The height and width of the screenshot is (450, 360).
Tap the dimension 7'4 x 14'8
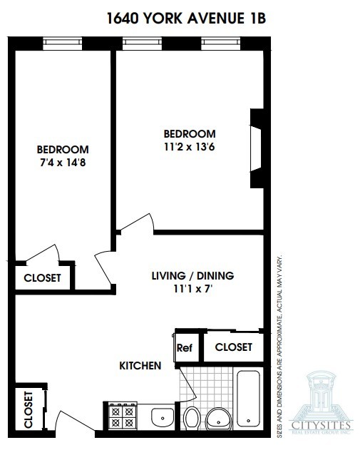63,163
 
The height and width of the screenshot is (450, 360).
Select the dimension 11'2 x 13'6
189,148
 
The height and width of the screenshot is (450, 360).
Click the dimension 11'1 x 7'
192,290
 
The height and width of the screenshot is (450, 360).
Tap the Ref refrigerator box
185,348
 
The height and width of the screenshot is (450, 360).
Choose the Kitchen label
140,366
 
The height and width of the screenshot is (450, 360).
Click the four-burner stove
120,416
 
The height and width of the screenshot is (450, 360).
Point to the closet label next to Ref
233,347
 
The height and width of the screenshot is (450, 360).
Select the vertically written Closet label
29,409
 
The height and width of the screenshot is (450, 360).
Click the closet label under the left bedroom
42,278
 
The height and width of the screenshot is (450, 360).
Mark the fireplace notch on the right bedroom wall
257,148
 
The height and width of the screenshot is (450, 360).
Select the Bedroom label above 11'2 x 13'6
189,134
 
